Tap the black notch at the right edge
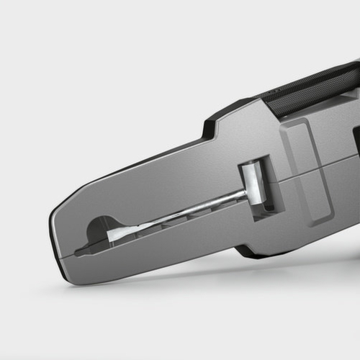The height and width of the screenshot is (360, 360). point(356,140)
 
